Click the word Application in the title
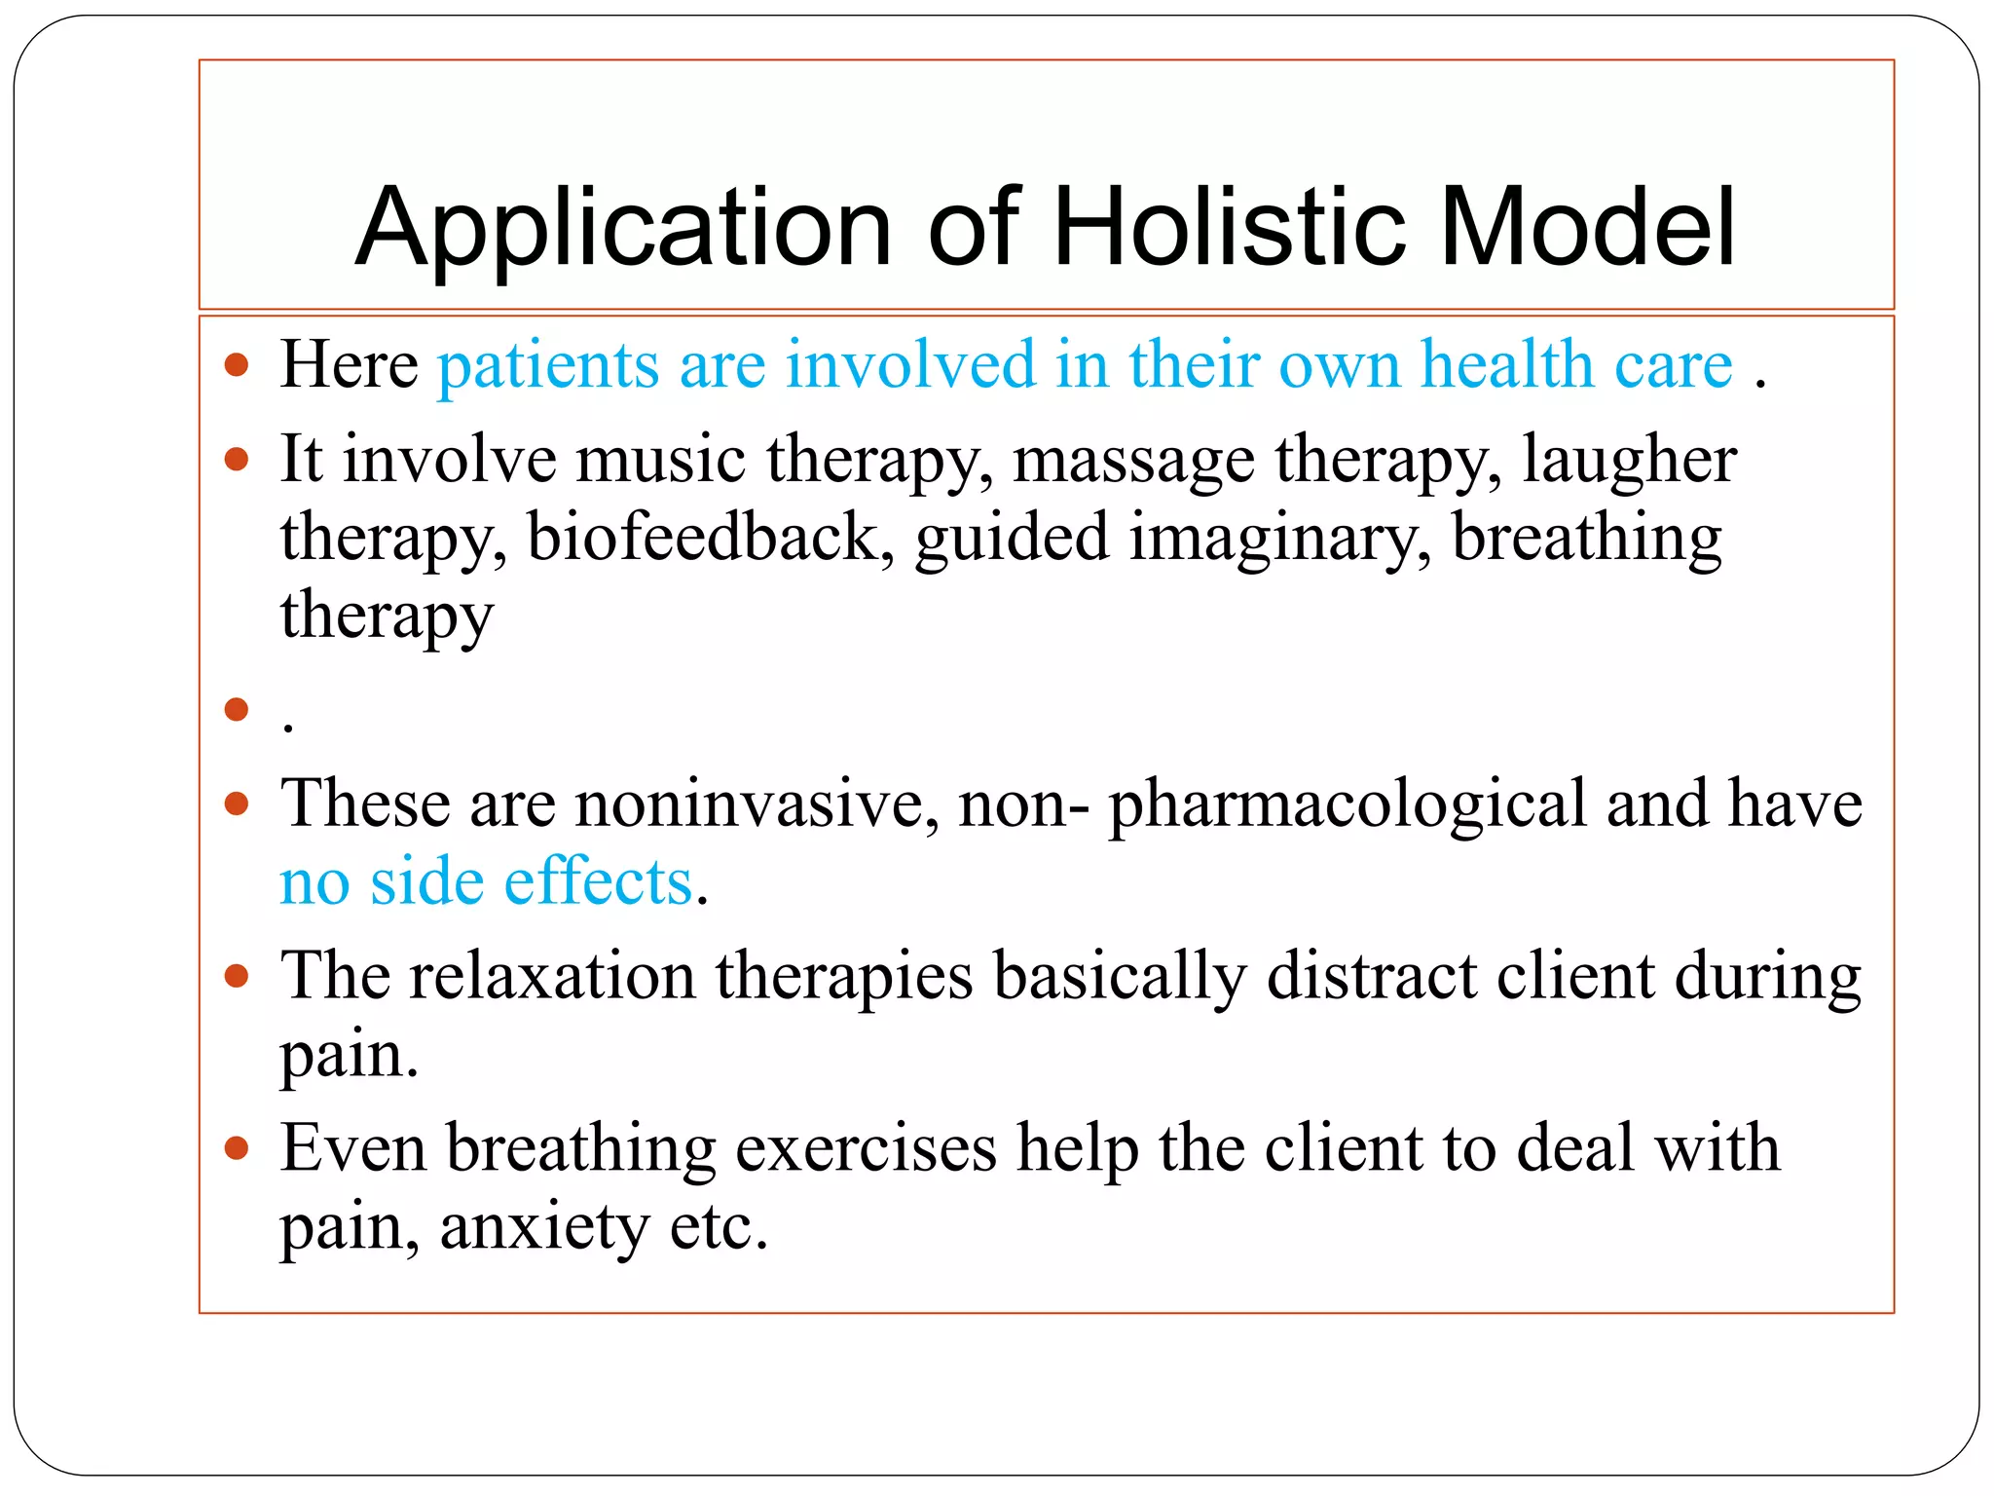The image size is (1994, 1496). pos(623,230)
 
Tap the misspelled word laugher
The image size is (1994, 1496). pos(1629,462)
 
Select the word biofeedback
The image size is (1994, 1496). pos(702,538)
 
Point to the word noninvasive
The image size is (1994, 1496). pos(756,804)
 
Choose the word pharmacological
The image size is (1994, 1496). pos(1348,806)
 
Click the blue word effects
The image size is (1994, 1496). pos(598,882)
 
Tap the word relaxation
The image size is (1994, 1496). pos(551,976)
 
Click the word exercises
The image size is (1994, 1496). pos(866,1149)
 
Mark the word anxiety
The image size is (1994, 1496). pos(544,1227)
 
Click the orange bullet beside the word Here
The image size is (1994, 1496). pos(237,366)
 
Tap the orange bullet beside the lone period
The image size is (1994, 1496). pos(237,709)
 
